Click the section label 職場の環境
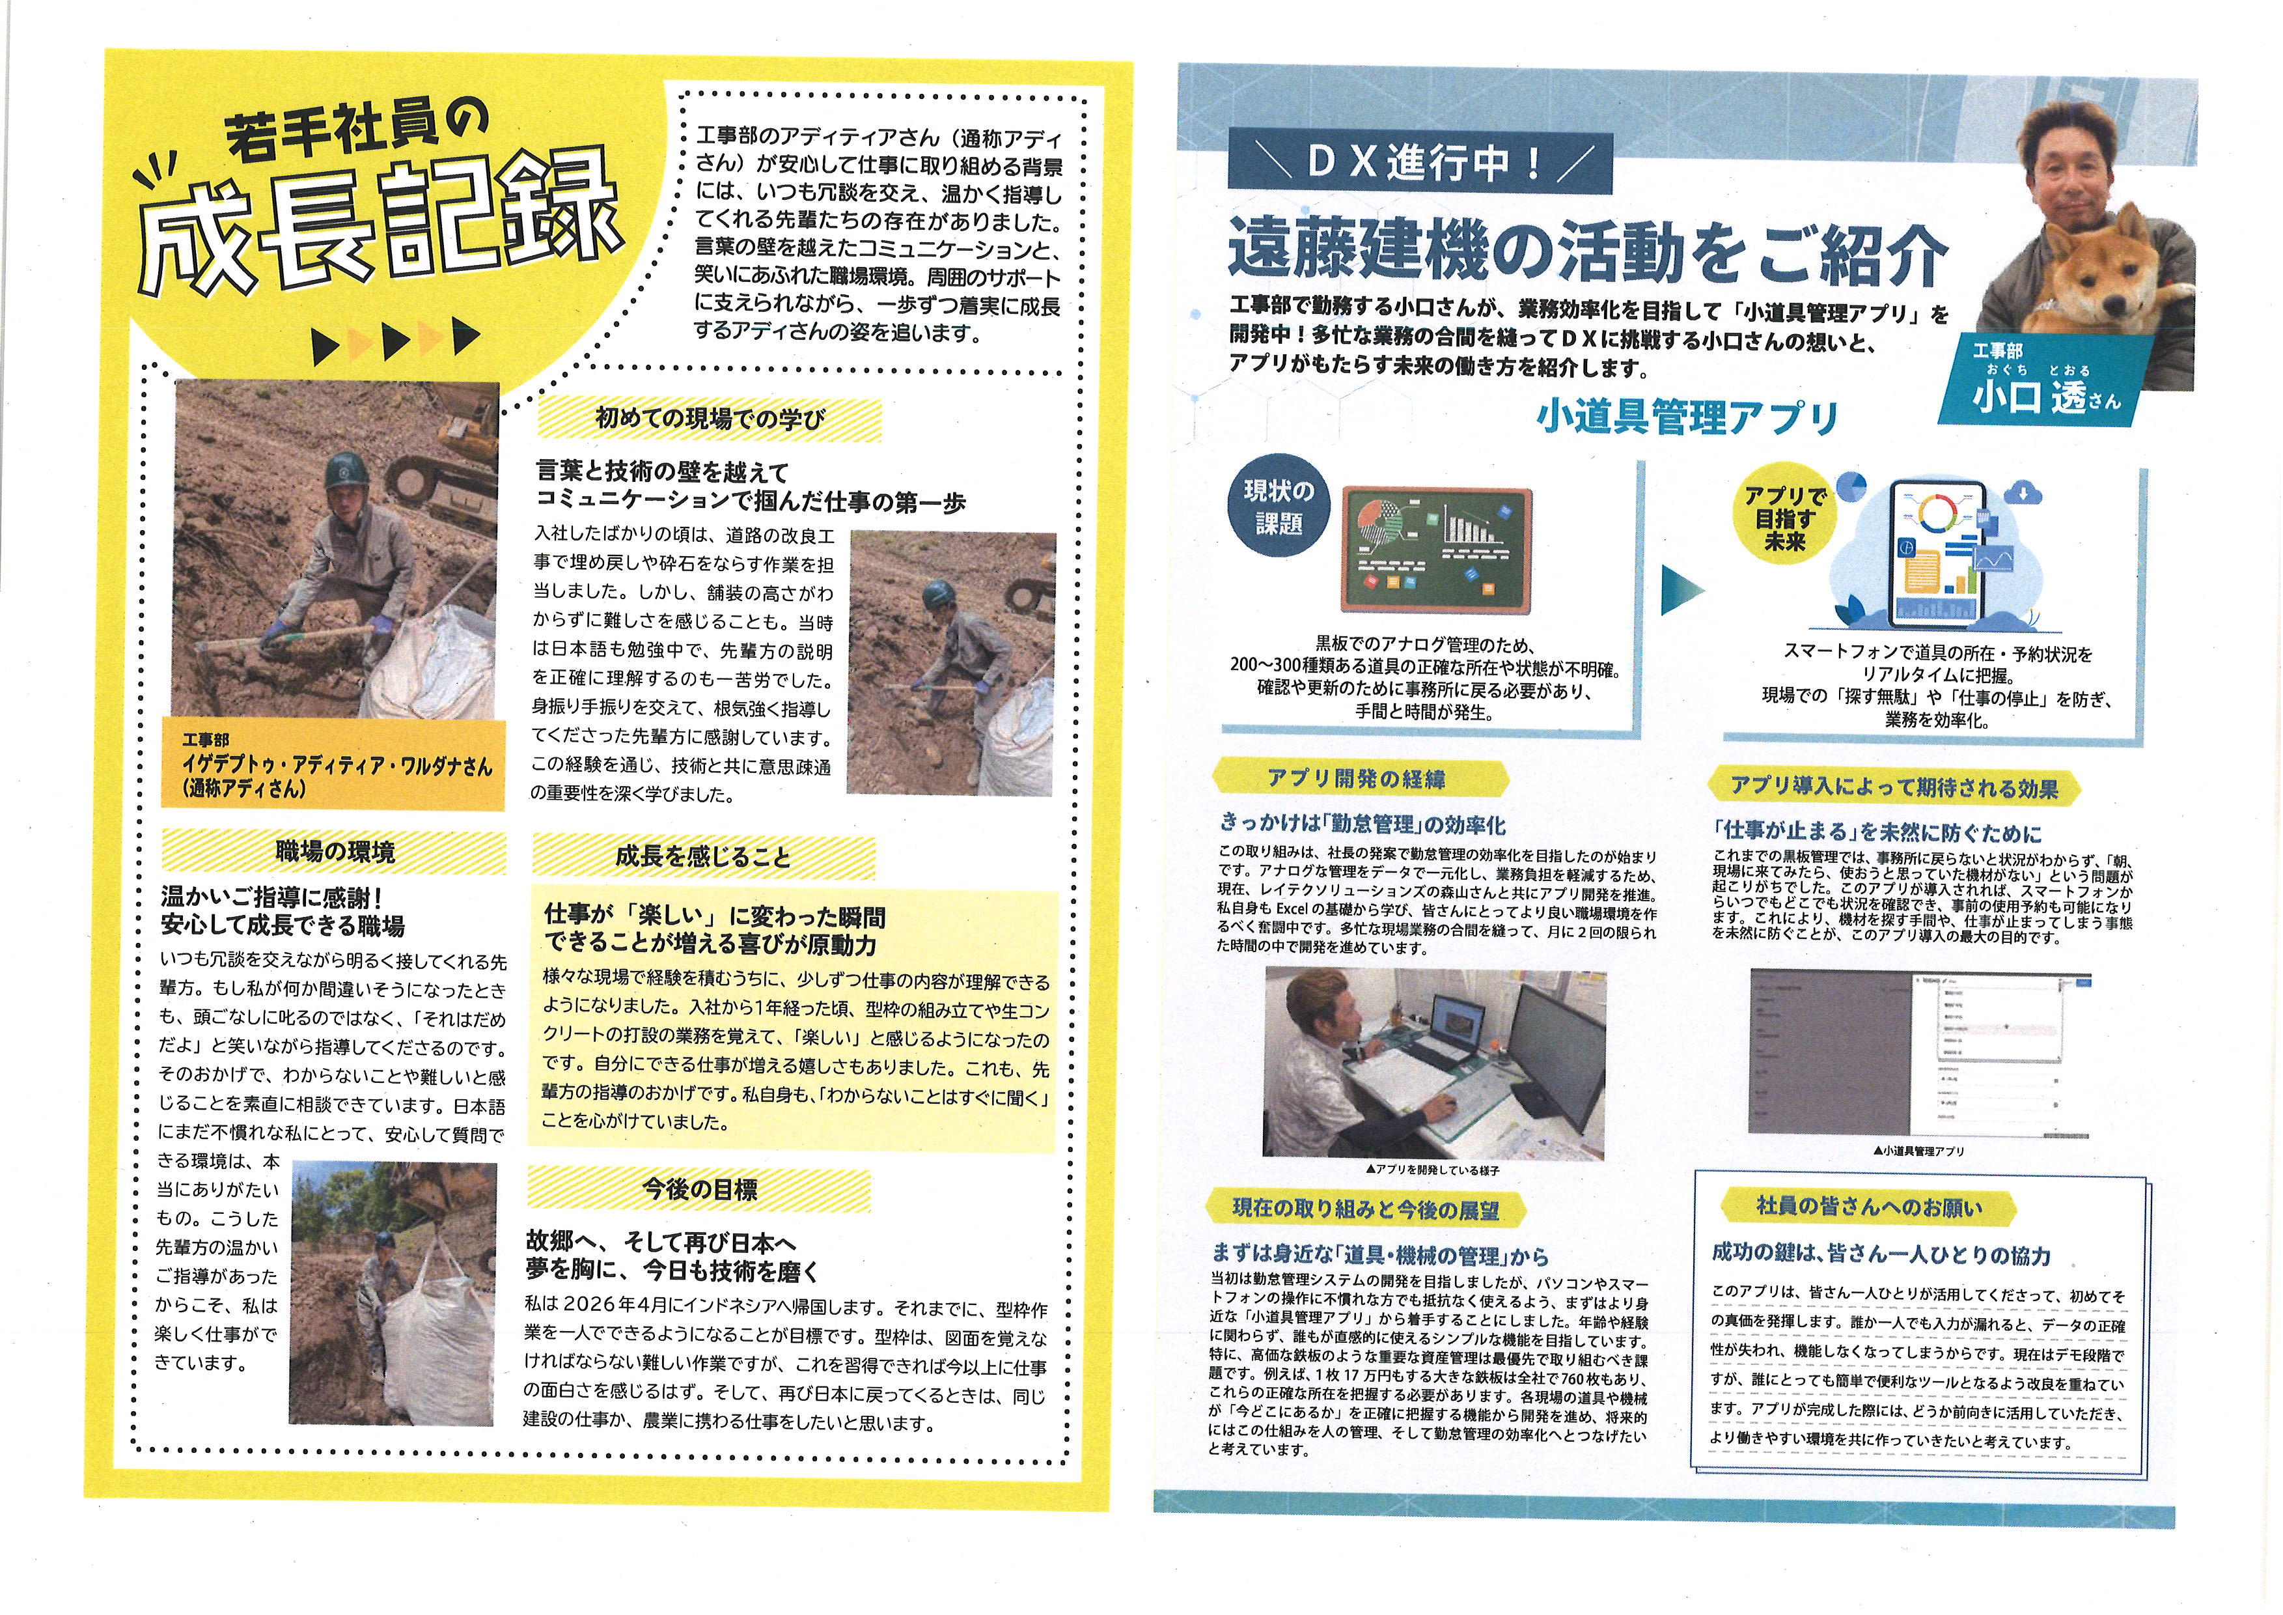pyautogui.click(x=335, y=851)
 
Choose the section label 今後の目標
pyautogui.click(x=700, y=1188)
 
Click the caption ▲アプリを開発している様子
pyautogui.click(x=1433, y=1170)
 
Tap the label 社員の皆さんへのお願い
pyautogui.click(x=1870, y=1206)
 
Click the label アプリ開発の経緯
pyautogui.click(x=1356, y=779)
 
